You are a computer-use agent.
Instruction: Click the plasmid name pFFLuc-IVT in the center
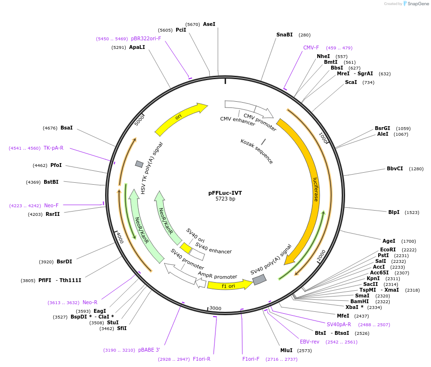click(225, 193)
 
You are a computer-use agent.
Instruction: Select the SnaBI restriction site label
click(285, 35)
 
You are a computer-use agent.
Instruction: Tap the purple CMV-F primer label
click(311, 47)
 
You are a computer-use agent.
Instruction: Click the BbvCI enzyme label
click(395, 168)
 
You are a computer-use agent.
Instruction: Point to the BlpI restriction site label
click(394, 212)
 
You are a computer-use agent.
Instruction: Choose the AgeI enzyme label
click(389, 241)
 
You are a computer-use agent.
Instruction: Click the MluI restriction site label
click(287, 350)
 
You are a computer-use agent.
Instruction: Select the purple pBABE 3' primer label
click(149, 350)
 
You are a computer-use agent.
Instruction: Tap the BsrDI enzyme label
click(64, 261)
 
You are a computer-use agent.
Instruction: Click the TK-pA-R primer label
click(54, 148)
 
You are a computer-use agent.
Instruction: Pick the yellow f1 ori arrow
click(230, 285)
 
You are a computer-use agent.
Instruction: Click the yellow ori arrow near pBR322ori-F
click(181, 118)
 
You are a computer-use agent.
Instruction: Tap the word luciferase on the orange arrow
click(316, 189)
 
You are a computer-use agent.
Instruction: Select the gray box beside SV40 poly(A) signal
click(259, 280)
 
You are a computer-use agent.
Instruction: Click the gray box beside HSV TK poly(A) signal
click(139, 164)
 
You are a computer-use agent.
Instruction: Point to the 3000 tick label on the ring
click(215, 308)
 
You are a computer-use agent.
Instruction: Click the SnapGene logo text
click(418, 3)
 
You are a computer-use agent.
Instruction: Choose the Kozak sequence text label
click(257, 152)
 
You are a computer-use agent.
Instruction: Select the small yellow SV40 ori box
click(186, 248)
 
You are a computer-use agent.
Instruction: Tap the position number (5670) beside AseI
click(192, 24)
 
